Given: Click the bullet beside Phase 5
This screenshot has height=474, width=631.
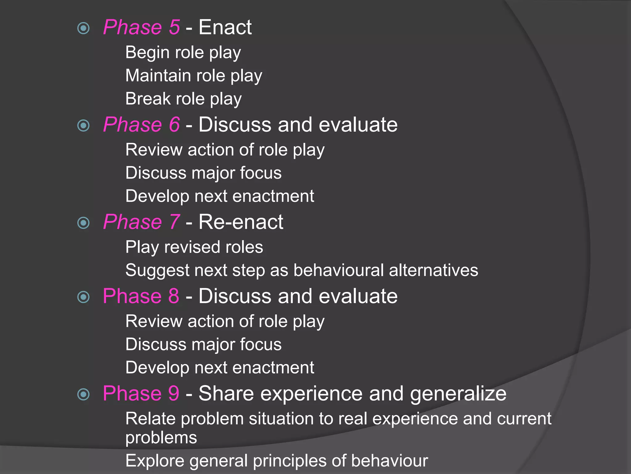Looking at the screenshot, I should tap(83, 28).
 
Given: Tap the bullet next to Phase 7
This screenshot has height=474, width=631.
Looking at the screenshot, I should tap(83, 223).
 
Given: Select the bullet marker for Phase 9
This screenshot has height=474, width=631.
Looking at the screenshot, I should tap(83, 394).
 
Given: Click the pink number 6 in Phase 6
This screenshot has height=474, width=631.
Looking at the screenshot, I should tap(174, 125).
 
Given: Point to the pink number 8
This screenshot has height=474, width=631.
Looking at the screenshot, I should tap(173, 296).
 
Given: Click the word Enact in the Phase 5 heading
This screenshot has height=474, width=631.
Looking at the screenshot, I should tap(225, 27).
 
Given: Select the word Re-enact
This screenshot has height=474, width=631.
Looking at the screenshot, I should tap(241, 222).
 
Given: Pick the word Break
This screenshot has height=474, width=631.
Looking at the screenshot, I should tap(148, 99).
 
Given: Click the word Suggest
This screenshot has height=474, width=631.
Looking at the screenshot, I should tap(157, 271).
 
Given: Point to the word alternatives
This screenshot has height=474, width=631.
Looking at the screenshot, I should tap(434, 270).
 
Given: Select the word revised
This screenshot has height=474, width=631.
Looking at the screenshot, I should tap(192, 247).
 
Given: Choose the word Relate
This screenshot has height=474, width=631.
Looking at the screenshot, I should tap(150, 419).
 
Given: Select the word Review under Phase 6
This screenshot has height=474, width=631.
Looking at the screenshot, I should tap(154, 150).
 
